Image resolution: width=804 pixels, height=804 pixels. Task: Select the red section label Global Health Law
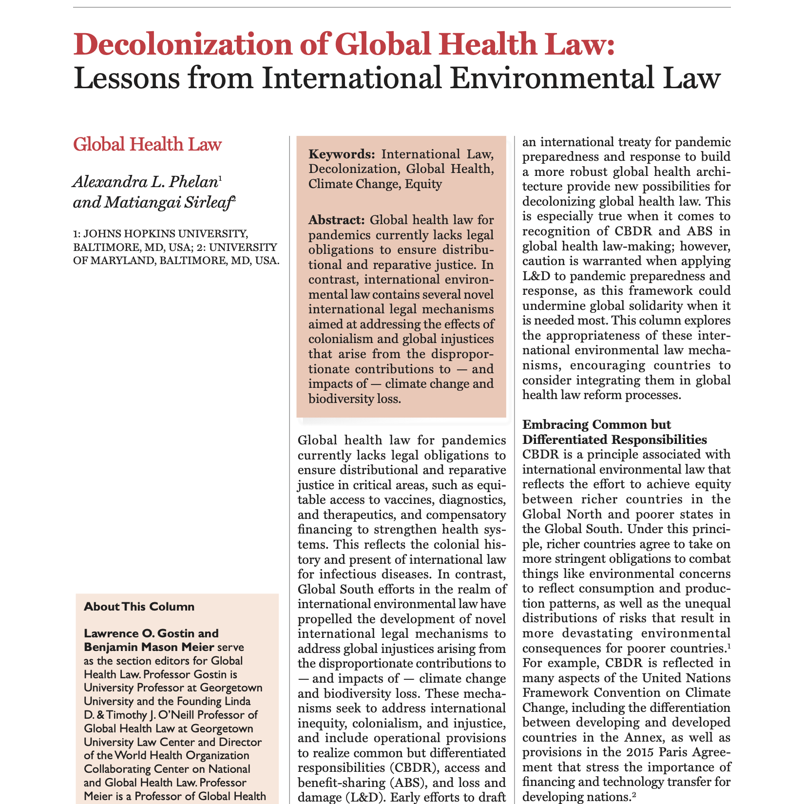click(x=147, y=145)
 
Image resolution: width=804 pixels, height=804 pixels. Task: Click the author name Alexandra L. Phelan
click(x=145, y=183)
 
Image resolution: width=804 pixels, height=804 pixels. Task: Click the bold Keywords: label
click(x=342, y=154)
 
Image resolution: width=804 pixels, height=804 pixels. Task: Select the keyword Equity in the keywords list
click(x=423, y=184)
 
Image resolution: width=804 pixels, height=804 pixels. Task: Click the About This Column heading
click(x=139, y=607)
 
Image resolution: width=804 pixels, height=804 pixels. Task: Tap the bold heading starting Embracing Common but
click(x=596, y=424)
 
